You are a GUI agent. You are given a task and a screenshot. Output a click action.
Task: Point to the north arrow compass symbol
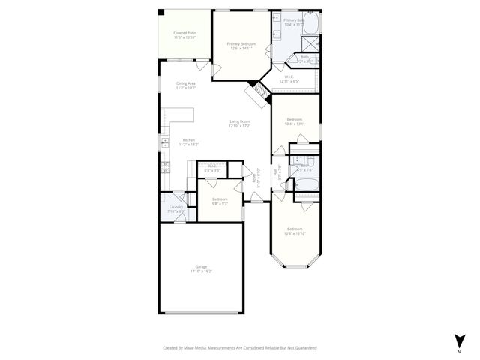point(459,340)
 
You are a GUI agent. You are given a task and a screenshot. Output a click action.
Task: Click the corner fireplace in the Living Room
point(257,93)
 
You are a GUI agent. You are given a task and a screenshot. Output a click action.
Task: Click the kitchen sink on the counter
point(164,142)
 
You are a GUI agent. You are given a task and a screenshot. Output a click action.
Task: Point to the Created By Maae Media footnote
point(240,348)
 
